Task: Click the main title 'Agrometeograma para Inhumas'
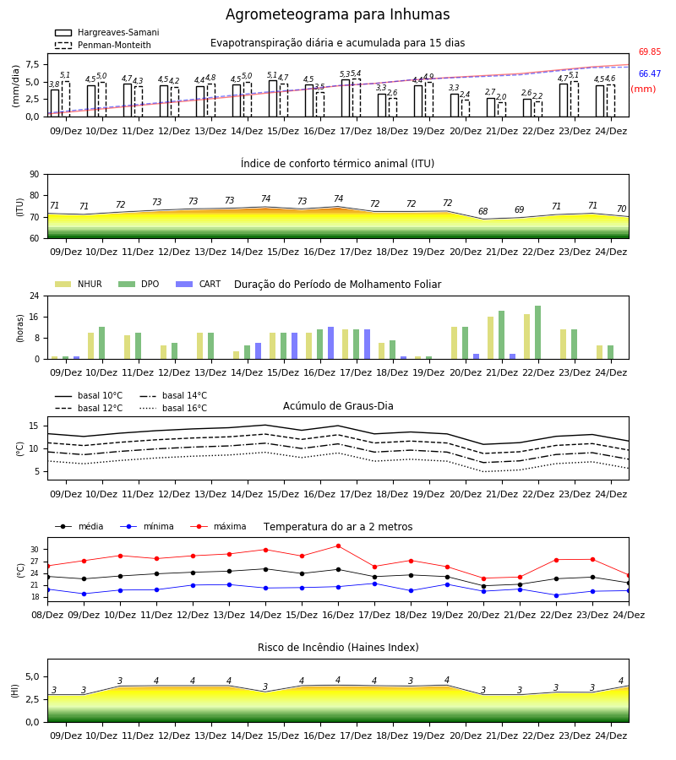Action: click(x=337, y=14)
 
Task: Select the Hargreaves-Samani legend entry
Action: click(x=106, y=32)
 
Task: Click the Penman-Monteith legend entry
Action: click(x=103, y=45)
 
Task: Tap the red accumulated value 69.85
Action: click(x=650, y=52)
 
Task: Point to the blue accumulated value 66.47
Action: click(x=650, y=73)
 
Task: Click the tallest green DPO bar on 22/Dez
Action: click(x=537, y=333)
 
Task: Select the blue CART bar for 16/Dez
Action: click(x=330, y=343)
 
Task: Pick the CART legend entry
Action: click(x=199, y=284)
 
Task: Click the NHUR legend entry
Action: click(x=79, y=284)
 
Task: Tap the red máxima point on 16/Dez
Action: click(x=339, y=546)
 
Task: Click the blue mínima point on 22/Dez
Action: click(x=556, y=595)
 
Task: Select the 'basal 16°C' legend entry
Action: click(x=173, y=408)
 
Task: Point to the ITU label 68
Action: click(x=483, y=211)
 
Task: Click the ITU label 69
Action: click(x=520, y=210)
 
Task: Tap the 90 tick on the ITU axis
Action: click(x=35, y=175)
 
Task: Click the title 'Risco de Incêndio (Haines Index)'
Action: click(x=338, y=648)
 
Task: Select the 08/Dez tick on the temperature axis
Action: click(x=47, y=615)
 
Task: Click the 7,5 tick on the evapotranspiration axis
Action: click(x=32, y=64)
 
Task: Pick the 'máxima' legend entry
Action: click(x=218, y=526)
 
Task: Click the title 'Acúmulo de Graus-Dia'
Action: click(x=338, y=405)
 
